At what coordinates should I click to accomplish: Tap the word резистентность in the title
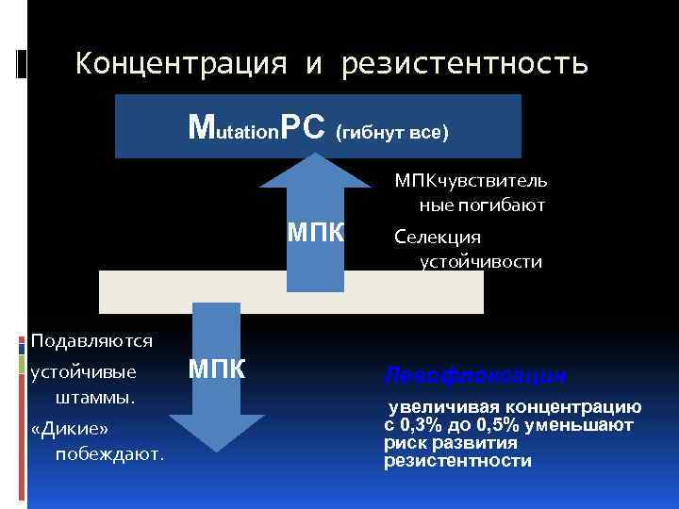point(465,64)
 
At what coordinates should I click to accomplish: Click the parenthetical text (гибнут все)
point(391,132)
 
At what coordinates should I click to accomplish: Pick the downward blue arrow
point(217,377)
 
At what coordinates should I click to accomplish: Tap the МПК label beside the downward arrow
point(217,369)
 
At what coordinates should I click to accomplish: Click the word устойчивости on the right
point(481,261)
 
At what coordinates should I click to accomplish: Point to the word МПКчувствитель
point(471,180)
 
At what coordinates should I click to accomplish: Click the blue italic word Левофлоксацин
point(474,375)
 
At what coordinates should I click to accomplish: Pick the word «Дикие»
point(70,429)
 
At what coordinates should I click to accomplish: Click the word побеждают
point(109,454)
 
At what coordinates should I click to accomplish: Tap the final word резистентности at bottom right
point(457,461)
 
